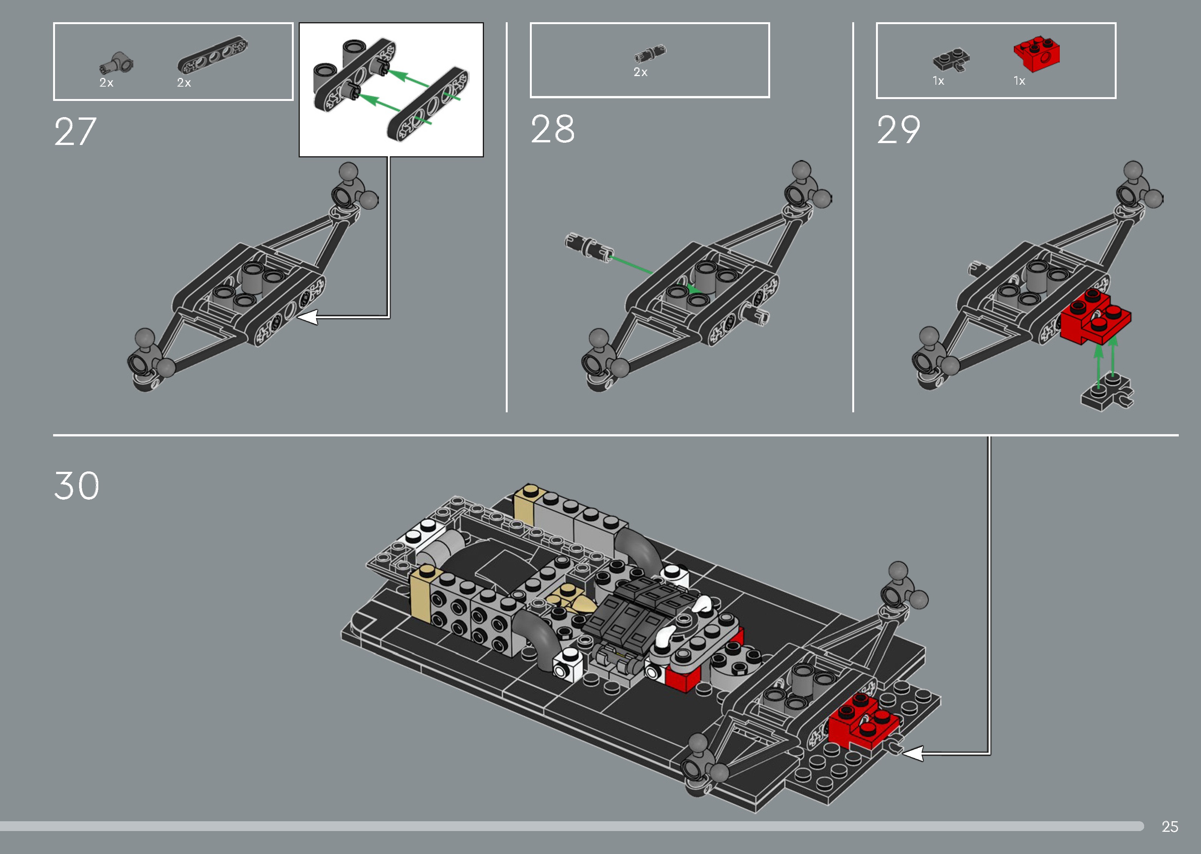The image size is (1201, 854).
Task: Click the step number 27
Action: (x=75, y=132)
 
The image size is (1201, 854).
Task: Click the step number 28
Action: (x=552, y=130)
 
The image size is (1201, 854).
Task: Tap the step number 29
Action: (x=899, y=130)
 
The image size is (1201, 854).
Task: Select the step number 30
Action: (x=77, y=486)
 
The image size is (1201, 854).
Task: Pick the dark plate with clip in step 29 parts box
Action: (x=951, y=61)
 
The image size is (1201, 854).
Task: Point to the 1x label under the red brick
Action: (x=1019, y=81)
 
